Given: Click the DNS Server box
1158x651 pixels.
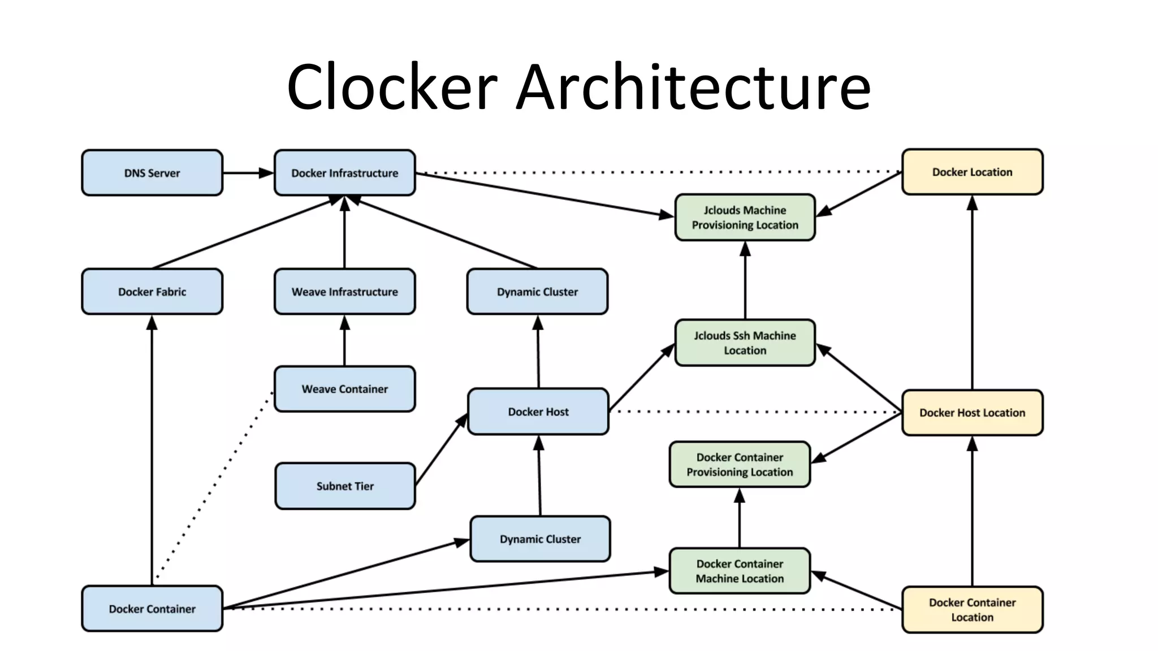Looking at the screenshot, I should click(x=152, y=173).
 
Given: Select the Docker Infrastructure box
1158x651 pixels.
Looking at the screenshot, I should click(x=344, y=173).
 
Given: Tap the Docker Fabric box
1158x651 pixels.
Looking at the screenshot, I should click(x=152, y=292).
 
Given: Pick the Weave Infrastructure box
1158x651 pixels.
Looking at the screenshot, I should click(x=344, y=292).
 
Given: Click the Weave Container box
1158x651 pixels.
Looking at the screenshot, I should click(x=344, y=389).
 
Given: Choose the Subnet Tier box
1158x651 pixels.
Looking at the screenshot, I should click(x=345, y=486).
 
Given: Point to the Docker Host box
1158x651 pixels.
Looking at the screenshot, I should click(x=538, y=411).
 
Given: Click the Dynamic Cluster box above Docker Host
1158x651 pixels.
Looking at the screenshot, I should click(x=537, y=292).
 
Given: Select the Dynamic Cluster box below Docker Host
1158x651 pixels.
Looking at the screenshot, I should click(x=540, y=539).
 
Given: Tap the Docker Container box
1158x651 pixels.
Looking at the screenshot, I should click(x=152, y=609).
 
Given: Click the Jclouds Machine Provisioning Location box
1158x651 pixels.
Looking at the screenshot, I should click(x=745, y=218).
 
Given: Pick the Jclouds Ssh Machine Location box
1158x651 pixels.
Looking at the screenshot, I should click(x=745, y=342).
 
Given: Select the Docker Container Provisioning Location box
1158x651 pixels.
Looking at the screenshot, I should click(x=740, y=465).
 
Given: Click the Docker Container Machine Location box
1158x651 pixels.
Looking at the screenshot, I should click(x=740, y=571).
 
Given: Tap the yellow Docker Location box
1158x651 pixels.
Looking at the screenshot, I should click(x=972, y=172).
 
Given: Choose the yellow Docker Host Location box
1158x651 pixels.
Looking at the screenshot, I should click(x=972, y=413).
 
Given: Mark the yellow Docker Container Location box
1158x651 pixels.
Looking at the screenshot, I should click(x=972, y=610).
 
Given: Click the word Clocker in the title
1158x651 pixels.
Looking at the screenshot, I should click(x=392, y=88).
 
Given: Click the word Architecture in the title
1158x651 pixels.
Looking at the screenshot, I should click(x=693, y=88).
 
